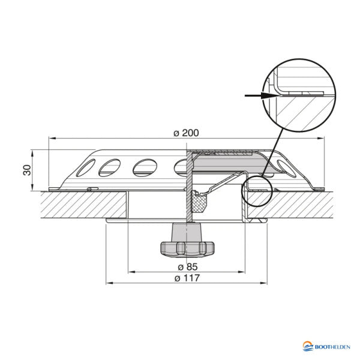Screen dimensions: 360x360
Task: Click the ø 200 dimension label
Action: pyautogui.click(x=186, y=133)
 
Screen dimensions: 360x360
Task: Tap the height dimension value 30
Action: pyautogui.click(x=26, y=170)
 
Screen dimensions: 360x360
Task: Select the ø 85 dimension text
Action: pyautogui.click(x=187, y=266)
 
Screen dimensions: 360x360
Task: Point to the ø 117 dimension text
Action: pyautogui.click(x=187, y=278)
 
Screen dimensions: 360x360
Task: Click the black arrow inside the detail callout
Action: pyautogui.click(x=257, y=94)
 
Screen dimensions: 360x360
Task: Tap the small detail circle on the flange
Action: pyautogui.click(x=256, y=191)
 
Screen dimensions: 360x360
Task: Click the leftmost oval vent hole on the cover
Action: pyautogui.click(x=109, y=167)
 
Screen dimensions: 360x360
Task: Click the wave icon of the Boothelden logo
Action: pyautogui.click(x=308, y=346)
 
